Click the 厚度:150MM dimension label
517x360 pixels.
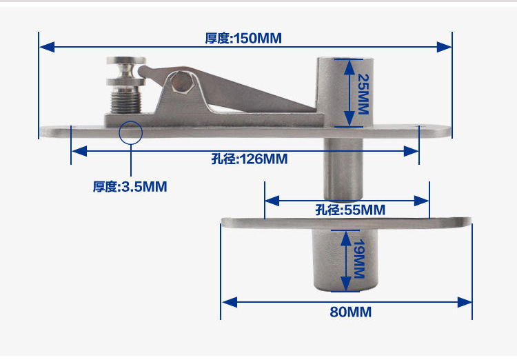click(x=243, y=38)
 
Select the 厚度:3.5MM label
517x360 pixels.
click(x=130, y=186)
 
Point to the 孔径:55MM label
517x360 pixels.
click(x=350, y=210)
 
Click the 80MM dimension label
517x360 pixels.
click(x=350, y=312)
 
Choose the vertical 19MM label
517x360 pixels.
click(x=358, y=259)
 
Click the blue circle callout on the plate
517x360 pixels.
click(x=130, y=131)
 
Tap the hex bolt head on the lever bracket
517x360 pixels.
click(x=181, y=81)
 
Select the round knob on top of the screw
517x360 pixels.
click(x=125, y=68)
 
